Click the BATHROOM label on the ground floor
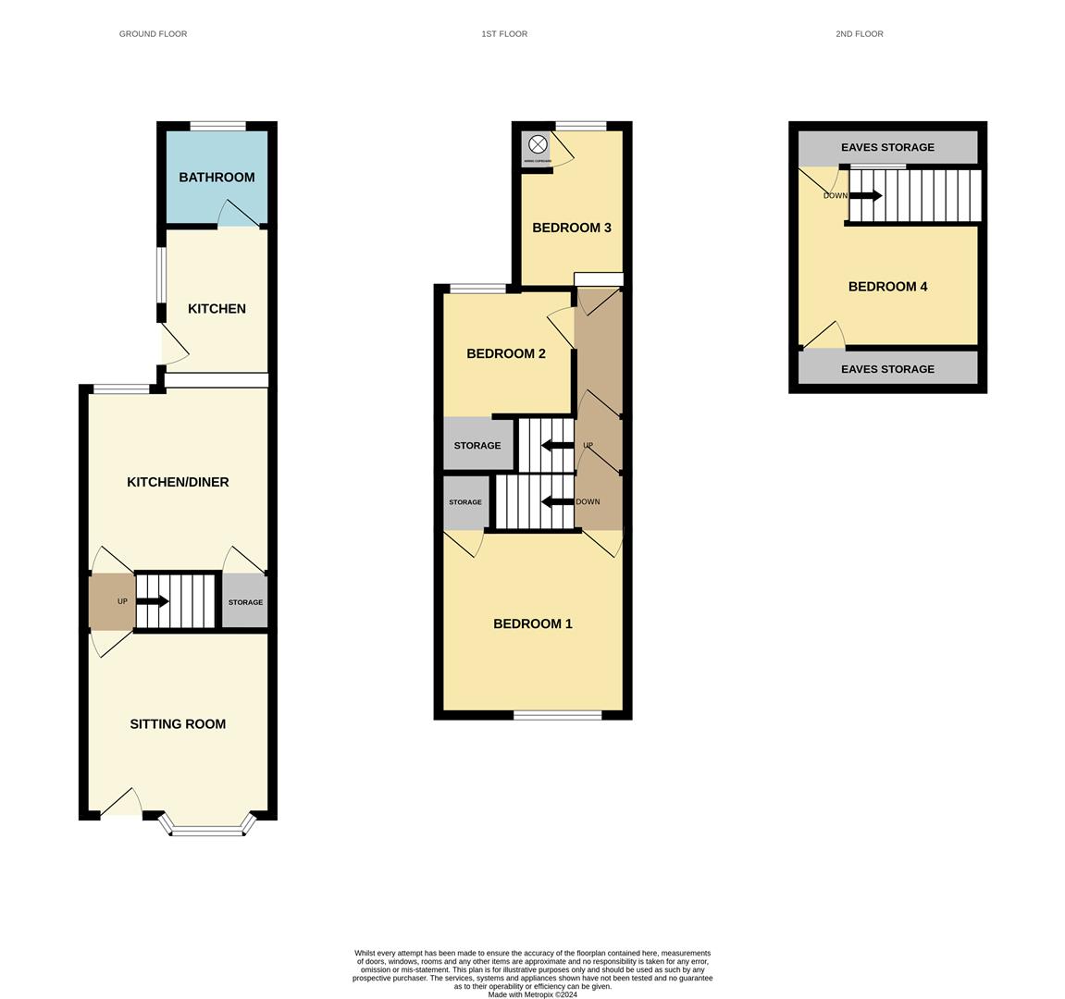[217, 178]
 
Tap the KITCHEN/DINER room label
[178, 482]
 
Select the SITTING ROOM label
[178, 724]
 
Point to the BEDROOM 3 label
[571, 228]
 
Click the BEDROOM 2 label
[505, 353]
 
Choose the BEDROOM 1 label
[532, 623]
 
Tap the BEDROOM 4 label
[887, 287]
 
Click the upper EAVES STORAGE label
[887, 147]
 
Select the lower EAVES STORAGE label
[887, 369]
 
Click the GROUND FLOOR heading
[153, 34]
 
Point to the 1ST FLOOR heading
[504, 34]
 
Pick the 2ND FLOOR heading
[859, 34]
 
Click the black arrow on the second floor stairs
[865, 195]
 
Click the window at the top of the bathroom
[218, 126]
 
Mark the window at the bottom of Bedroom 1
[558, 714]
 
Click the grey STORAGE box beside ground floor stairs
[245, 602]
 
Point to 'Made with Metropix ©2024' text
[532, 995]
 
